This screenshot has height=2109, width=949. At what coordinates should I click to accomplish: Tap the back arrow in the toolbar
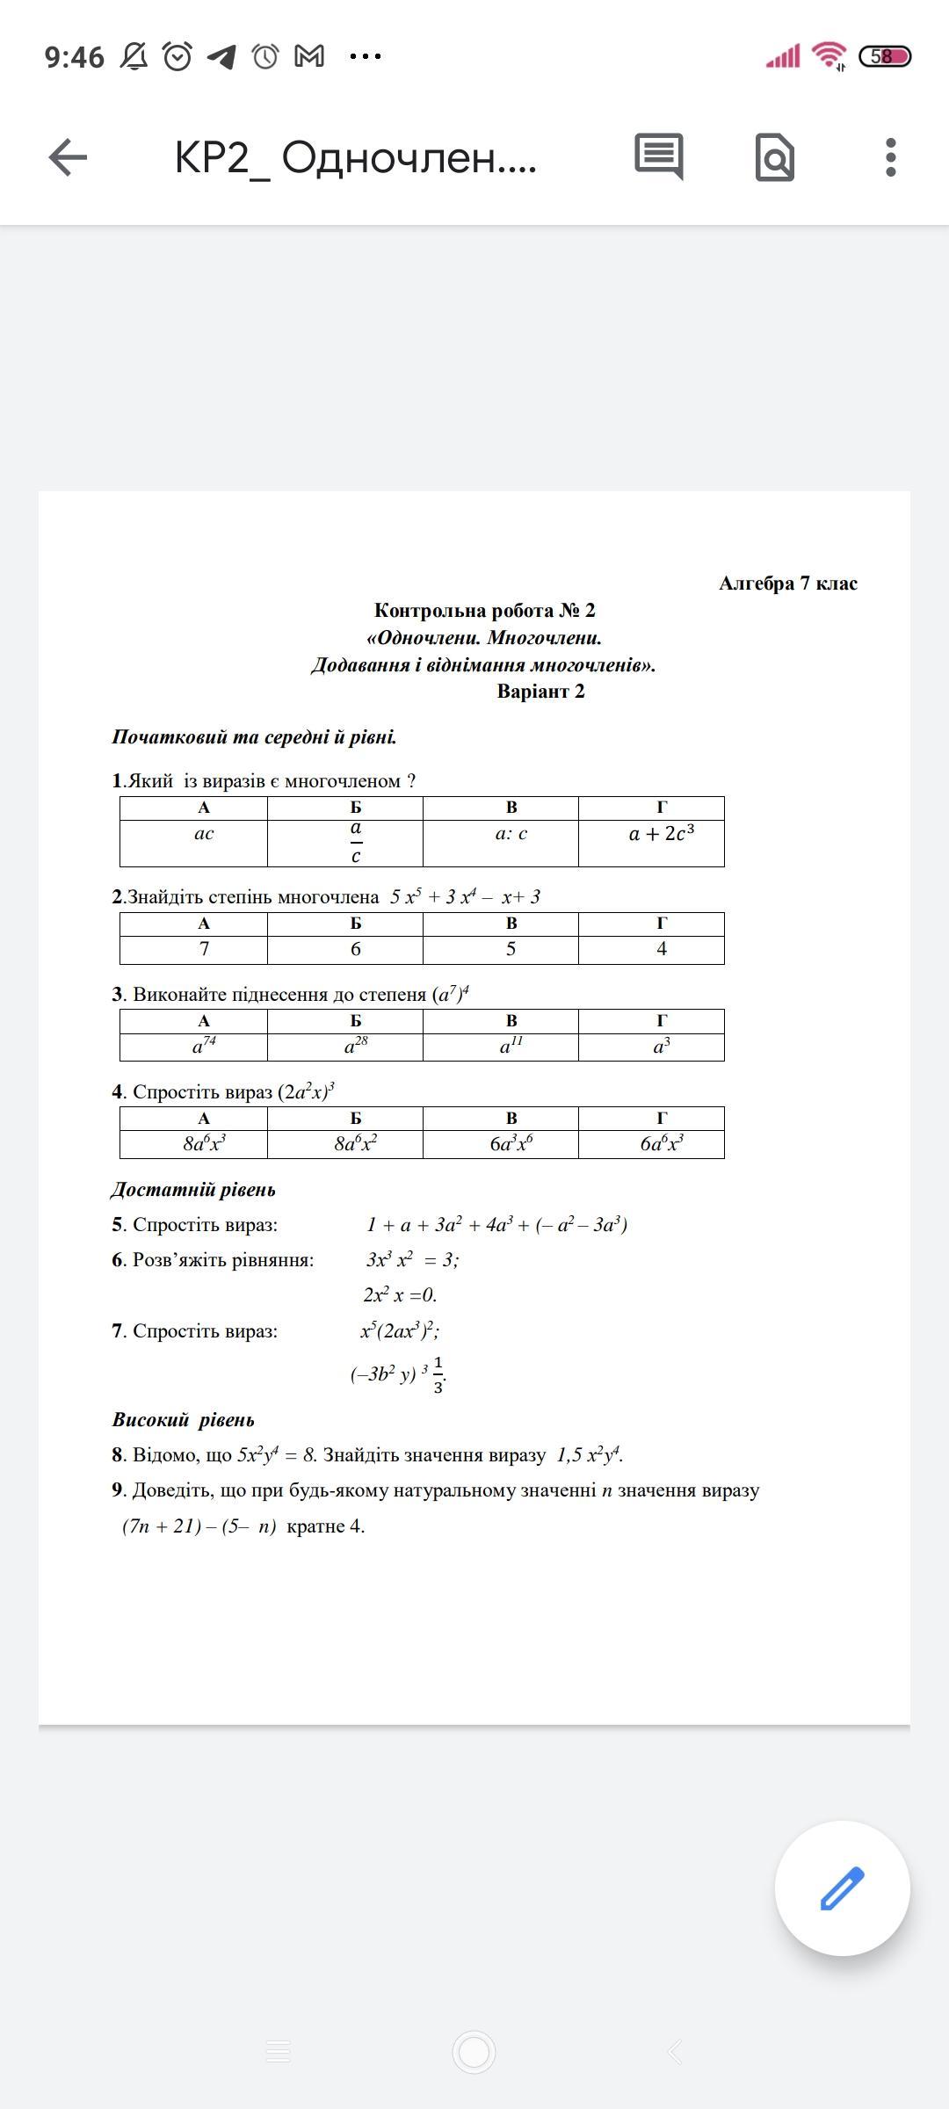pos(68,158)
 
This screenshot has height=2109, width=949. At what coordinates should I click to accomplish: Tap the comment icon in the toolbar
pos(658,157)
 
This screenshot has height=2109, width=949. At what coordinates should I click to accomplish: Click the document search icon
pos(774,158)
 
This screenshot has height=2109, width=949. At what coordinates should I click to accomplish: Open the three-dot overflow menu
pos(890,158)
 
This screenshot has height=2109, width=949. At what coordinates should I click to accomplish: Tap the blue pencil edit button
pos(842,1888)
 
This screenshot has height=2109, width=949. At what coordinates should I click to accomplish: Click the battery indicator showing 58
pos(884,57)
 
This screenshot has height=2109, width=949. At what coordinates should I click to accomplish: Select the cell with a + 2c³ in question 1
pos(661,834)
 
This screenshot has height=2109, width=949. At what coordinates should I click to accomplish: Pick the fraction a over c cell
pos(355,842)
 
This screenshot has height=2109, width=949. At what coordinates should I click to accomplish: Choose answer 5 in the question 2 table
pos(511,949)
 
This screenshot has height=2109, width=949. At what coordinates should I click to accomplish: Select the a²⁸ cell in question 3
pos(355,1046)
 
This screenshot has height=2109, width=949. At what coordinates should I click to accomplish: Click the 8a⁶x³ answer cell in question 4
pos(204,1143)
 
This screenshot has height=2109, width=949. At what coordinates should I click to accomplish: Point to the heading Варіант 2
pos(540,692)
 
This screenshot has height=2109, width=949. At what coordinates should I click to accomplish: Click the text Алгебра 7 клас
pos(787,583)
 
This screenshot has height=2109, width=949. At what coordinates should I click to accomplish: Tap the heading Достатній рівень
pos(193,1190)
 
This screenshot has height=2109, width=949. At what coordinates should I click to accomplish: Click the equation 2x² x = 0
pos(400,1294)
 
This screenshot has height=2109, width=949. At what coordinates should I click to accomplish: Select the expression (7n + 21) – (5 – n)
pos(199,1526)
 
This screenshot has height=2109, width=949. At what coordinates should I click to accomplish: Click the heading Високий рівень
pos(183,1420)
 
